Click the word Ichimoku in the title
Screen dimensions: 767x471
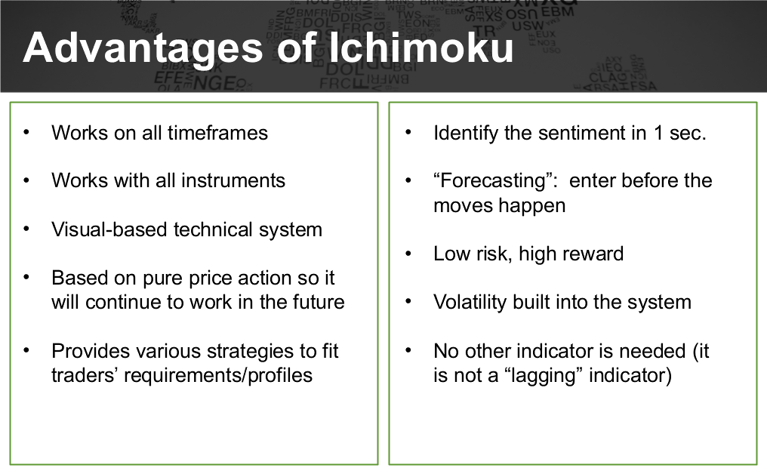(x=420, y=48)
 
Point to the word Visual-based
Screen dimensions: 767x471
(x=109, y=229)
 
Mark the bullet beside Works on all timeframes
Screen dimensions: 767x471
(x=26, y=133)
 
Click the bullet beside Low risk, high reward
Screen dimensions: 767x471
(x=408, y=254)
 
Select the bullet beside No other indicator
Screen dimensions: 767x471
(x=408, y=351)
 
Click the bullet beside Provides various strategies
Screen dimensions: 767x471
(x=26, y=351)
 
